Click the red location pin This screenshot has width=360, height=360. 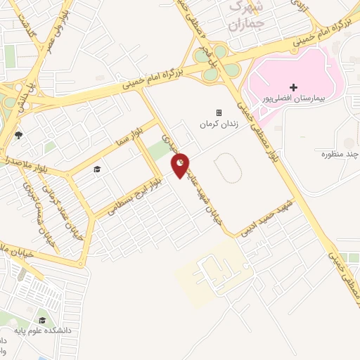click(x=181, y=165)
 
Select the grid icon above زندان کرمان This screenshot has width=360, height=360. click(x=219, y=112)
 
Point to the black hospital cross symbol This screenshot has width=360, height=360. click(x=293, y=87)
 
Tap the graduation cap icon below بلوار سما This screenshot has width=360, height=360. click(x=97, y=169)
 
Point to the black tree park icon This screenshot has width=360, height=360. click(x=18, y=136)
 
